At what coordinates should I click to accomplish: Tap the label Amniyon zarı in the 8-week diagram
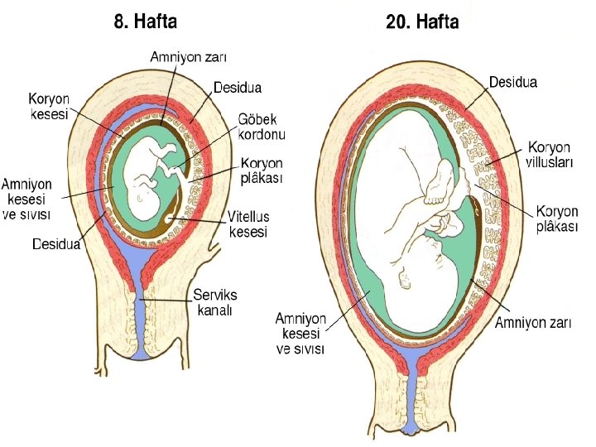(188, 57)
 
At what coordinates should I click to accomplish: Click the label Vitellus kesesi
(249, 225)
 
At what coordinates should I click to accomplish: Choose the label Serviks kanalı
(215, 302)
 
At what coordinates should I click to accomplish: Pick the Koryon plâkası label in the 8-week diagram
(262, 171)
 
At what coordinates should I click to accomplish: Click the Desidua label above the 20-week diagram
(513, 83)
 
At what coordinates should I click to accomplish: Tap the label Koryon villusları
(550, 155)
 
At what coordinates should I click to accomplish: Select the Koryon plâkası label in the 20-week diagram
(556, 219)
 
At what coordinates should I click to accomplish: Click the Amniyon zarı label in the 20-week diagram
(533, 323)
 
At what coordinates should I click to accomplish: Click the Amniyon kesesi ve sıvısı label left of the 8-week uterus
(29, 198)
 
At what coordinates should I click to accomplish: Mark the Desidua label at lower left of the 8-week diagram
(56, 244)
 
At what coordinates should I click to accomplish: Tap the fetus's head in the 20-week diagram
(435, 269)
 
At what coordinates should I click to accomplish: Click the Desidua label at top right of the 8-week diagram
(238, 87)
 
